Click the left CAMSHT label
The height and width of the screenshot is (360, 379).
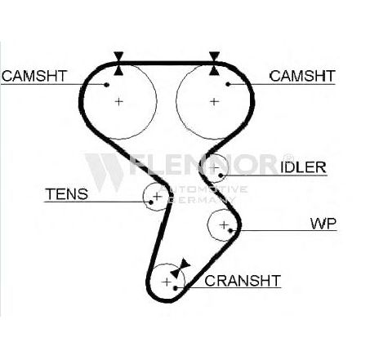34,76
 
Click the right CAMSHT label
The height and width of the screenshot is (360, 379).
302,76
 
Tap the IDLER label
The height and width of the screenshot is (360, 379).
303,167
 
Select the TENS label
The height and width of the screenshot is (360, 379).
67,194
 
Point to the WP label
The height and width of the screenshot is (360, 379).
323,224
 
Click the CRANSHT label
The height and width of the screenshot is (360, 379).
243,281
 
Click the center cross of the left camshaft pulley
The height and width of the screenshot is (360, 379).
118,102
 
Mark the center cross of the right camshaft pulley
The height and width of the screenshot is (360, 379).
215,102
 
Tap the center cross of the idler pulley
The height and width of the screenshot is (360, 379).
215,167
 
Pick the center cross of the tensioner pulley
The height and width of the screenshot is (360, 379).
158,196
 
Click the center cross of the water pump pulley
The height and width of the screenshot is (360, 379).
224,225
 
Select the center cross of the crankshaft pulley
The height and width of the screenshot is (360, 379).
167,282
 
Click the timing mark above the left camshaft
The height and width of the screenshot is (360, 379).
118,64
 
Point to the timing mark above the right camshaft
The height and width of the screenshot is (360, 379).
214,64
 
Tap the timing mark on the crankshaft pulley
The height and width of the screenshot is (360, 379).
180,268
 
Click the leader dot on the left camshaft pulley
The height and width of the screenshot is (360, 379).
107,85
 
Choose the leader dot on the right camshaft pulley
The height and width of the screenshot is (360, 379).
228,84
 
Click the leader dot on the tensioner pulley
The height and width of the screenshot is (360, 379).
151,202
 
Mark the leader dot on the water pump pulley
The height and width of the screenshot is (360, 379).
230,231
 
